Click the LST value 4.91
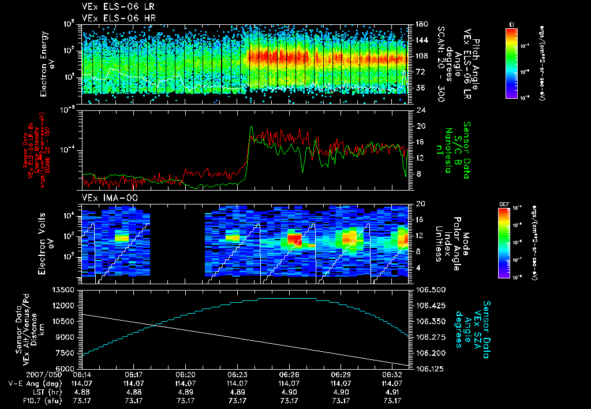[x=393, y=392]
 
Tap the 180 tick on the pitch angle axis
[x=421, y=24]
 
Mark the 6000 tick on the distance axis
[x=67, y=369]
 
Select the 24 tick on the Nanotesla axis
[x=421, y=110]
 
